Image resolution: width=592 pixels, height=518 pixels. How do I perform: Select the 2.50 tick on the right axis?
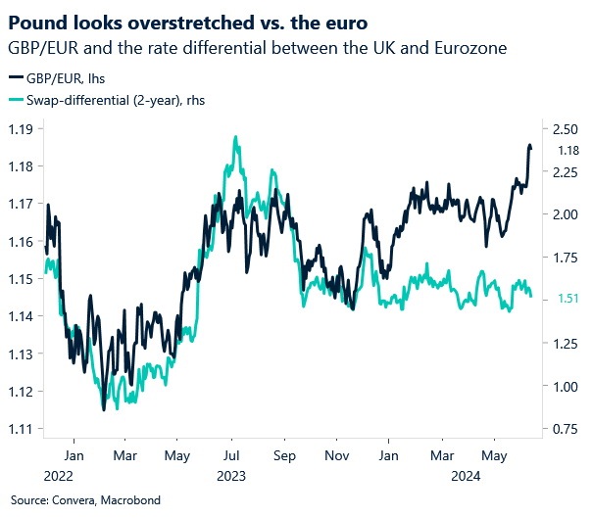tap(567, 128)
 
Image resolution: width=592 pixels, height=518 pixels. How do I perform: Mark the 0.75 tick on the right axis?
tap(567, 429)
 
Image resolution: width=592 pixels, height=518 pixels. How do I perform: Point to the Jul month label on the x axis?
tap(231, 455)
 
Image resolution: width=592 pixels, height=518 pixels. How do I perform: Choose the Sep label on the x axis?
tap(285, 455)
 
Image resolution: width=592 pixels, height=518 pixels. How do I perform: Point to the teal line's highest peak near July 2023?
tap(235, 138)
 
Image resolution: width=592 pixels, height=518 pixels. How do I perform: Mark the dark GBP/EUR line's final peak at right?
tap(530, 146)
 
